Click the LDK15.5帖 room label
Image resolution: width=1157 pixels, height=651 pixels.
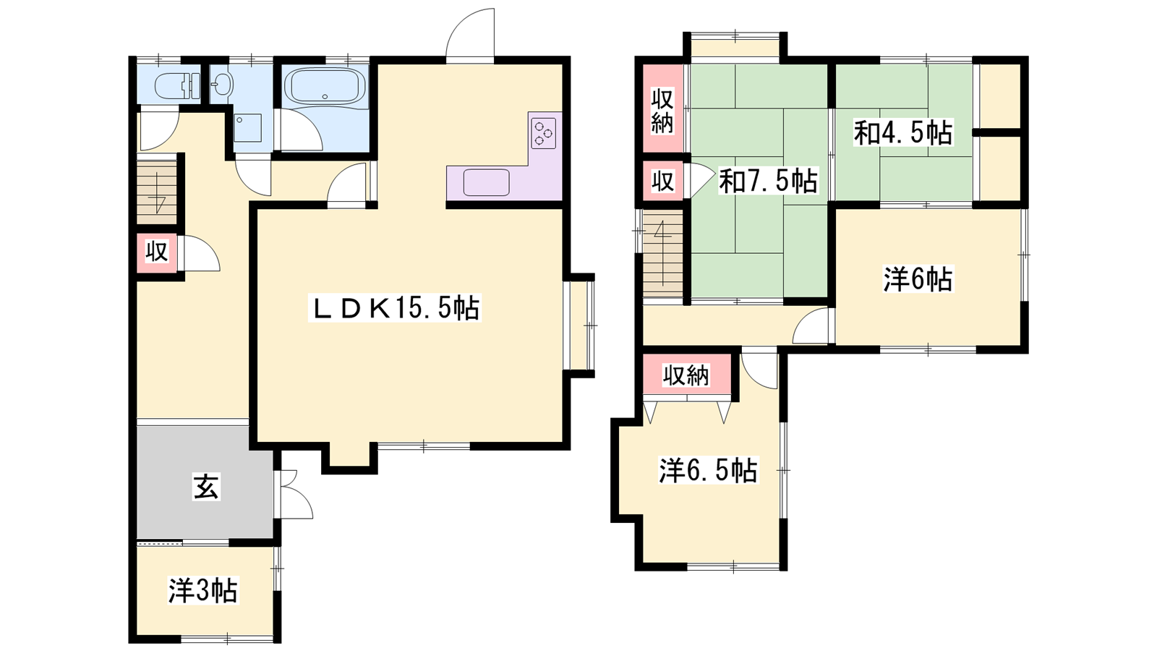tap(395, 308)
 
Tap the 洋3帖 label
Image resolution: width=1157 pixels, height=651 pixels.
tap(203, 590)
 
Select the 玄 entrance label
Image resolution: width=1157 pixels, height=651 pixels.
tap(206, 487)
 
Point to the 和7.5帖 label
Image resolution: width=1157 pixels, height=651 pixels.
tap(769, 181)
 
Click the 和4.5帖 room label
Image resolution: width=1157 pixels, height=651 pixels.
tap(903, 133)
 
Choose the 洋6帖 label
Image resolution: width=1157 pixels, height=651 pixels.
tap(918, 279)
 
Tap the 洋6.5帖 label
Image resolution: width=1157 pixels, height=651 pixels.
tap(708, 470)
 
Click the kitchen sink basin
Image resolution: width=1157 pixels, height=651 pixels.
tap(487, 182)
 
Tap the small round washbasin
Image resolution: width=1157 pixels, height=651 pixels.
tap(223, 84)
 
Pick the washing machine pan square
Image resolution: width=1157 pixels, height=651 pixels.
tap(247, 127)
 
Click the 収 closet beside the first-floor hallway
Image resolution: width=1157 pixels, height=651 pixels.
tap(157, 252)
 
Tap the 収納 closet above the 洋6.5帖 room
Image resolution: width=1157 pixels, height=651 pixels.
tap(687, 375)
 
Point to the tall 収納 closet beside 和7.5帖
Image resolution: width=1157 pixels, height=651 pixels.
tap(663, 109)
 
